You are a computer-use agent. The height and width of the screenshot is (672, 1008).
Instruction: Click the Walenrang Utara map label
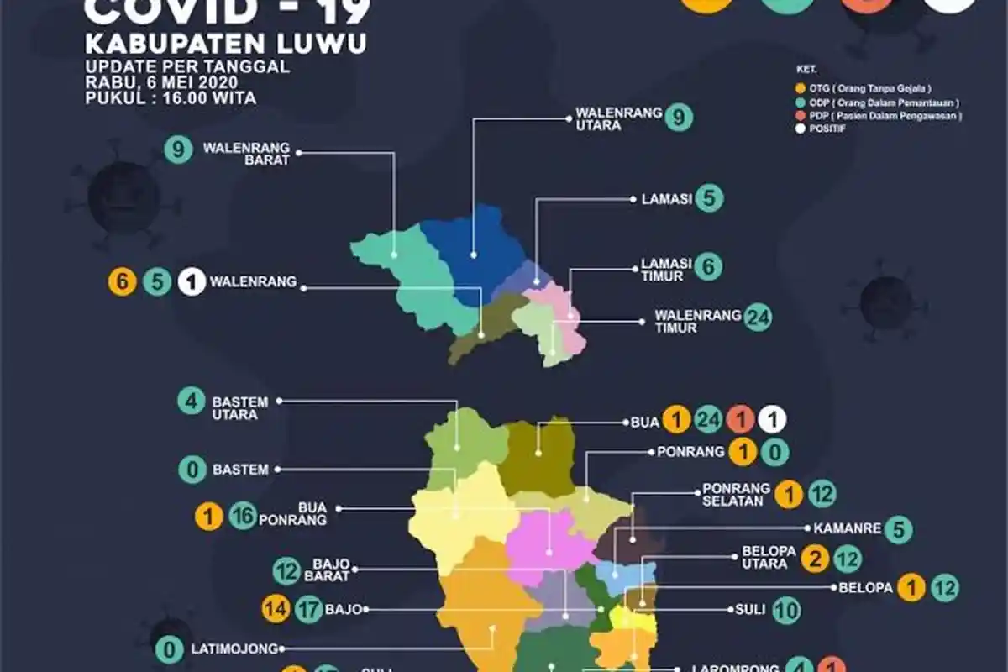tap(618, 118)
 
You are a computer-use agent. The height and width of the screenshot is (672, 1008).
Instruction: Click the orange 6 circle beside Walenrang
tap(122, 282)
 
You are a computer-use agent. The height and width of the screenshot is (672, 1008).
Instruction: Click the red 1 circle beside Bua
tap(741, 419)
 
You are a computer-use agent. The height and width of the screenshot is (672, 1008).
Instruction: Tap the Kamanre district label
tap(848, 529)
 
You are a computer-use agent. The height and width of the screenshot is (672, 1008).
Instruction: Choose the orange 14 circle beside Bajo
tap(275, 608)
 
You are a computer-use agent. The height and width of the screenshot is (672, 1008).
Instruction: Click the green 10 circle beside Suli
tap(787, 610)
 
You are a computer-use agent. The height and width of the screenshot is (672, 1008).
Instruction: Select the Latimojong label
tap(232, 648)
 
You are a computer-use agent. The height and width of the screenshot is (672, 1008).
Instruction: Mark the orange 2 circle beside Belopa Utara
tap(813, 557)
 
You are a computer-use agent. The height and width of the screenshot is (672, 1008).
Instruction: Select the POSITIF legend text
tap(828, 129)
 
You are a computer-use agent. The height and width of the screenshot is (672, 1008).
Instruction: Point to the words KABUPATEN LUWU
tap(227, 45)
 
